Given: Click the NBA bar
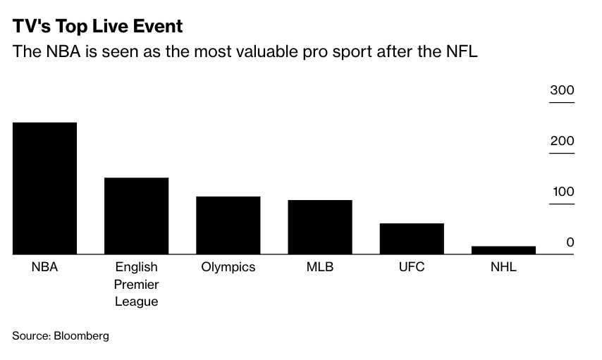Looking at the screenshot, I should point(44,188).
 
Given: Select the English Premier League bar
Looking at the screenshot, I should point(136,216).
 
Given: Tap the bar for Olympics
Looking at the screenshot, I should point(228,225).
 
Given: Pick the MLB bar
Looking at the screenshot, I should point(319,227).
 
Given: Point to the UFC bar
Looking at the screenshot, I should point(412,238).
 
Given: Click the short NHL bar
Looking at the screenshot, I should point(503,249).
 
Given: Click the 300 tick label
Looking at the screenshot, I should point(563,91).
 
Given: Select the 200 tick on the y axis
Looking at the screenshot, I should point(563,141).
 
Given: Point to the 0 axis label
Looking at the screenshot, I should point(570,242).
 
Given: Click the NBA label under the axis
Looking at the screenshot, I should point(44,268).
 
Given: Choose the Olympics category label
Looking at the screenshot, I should point(228,268).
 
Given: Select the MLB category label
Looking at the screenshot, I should point(319,268).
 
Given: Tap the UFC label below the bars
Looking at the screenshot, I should point(412,268).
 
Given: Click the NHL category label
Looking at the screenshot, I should point(503,268).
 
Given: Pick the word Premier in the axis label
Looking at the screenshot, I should point(136,285).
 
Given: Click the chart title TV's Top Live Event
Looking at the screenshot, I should point(97,27).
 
